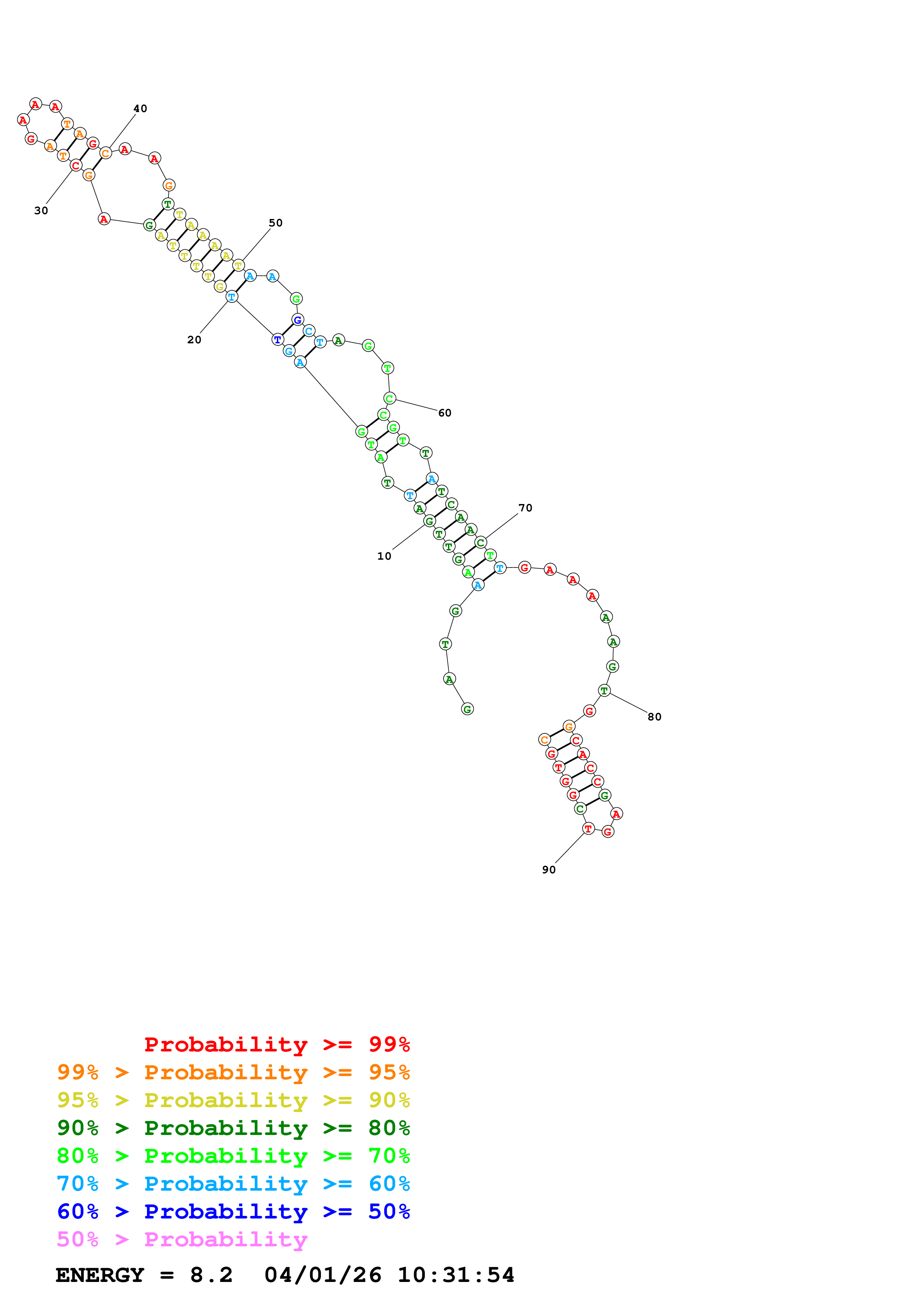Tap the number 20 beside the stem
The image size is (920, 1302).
tap(194, 340)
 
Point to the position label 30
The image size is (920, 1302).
tap(41, 211)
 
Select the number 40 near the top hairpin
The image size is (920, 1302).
tap(140, 108)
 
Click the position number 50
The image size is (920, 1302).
tap(275, 223)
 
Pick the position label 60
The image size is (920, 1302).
tap(444, 413)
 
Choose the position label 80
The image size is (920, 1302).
tap(654, 717)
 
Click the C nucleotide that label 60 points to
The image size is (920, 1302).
tap(389, 398)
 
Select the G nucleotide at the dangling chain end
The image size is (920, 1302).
tap(467, 709)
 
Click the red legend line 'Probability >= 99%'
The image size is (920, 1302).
tap(276, 1044)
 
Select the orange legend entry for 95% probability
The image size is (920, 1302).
tap(233, 1072)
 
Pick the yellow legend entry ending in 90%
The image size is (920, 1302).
tap(233, 1100)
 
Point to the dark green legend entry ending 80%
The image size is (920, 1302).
tap(233, 1128)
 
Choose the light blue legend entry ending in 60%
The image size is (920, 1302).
tap(233, 1184)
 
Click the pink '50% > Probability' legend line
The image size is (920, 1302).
tap(181, 1239)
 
